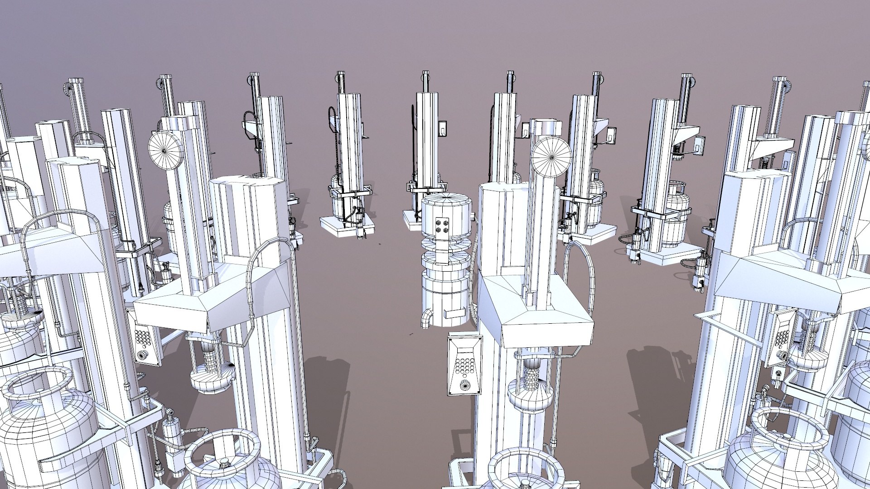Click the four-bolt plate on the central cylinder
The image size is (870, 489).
point(441,225)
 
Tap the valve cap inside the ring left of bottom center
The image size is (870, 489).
point(223,463)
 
